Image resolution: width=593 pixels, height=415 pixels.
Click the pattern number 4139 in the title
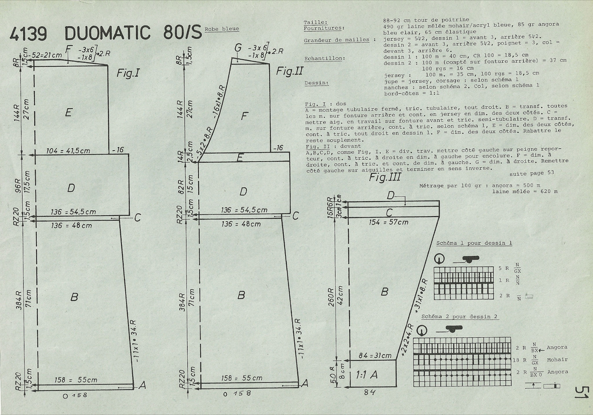click(x=28, y=34)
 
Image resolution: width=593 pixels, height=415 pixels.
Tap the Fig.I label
click(x=128, y=73)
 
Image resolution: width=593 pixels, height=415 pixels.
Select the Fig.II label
click(x=289, y=71)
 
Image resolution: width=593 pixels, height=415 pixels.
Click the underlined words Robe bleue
click(x=222, y=29)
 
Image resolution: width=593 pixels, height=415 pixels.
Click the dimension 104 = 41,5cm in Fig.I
click(x=68, y=151)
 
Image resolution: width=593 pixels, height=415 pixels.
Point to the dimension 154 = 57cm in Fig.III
click(x=388, y=222)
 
